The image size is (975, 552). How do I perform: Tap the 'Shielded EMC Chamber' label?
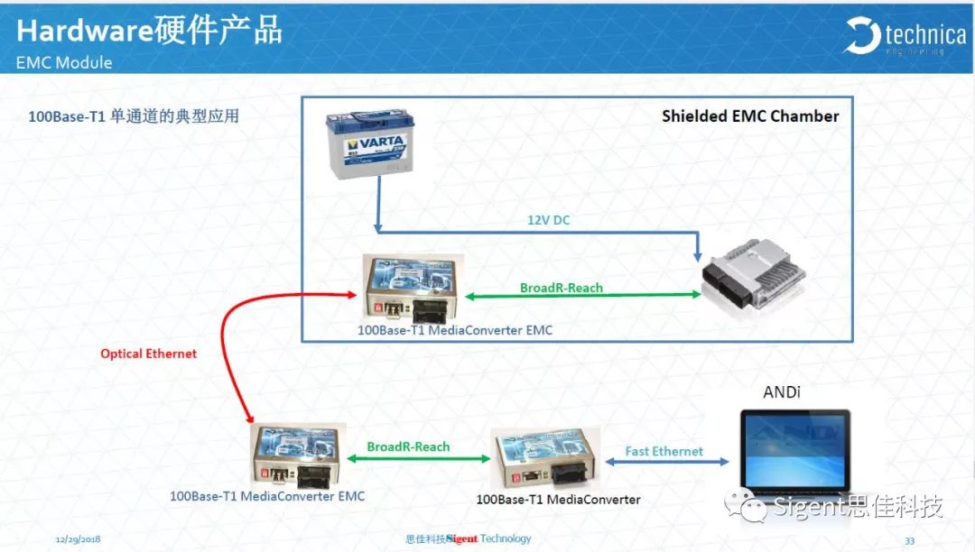(x=750, y=116)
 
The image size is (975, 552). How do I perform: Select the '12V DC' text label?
(x=549, y=219)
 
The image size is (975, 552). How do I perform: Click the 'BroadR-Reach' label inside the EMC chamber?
(x=562, y=288)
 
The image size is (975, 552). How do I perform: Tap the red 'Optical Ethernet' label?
(x=148, y=354)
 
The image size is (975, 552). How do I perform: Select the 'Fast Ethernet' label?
(x=664, y=451)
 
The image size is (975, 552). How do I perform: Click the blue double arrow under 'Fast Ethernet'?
(x=667, y=463)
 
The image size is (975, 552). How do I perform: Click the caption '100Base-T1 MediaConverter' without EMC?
(x=558, y=500)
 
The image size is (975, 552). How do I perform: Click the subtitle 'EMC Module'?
(x=64, y=63)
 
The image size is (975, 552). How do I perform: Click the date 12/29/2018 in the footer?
(x=78, y=539)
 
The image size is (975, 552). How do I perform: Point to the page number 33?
(x=909, y=540)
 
